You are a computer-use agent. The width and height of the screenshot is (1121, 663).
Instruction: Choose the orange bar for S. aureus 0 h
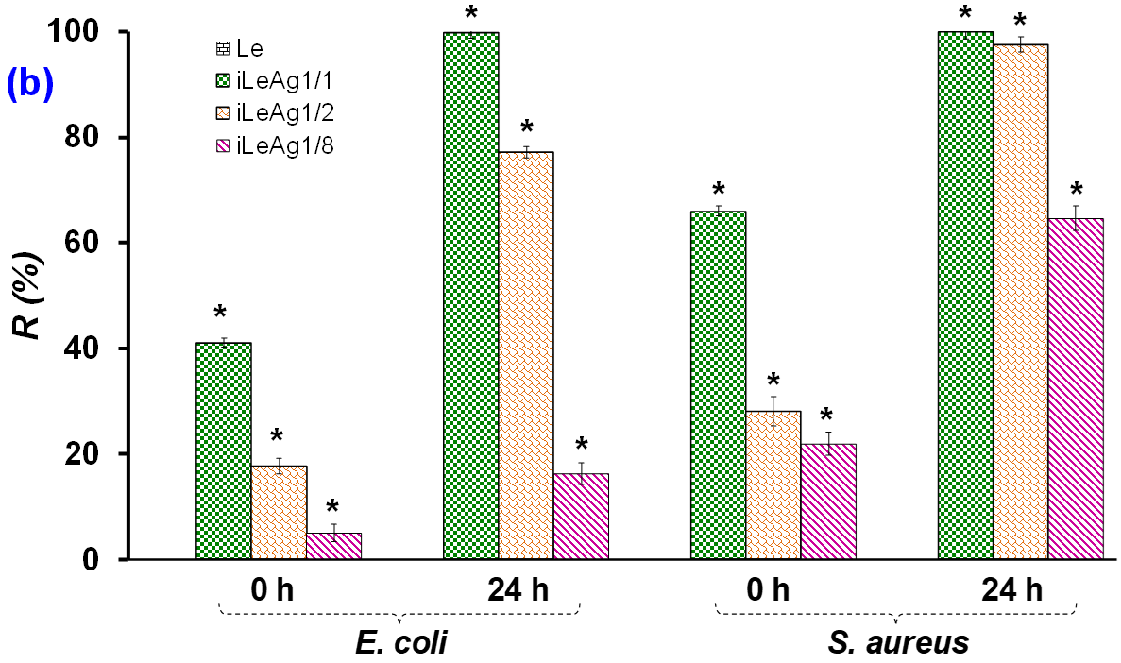[x=773, y=484]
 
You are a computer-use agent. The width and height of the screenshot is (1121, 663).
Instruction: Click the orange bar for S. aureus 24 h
[x=1021, y=301]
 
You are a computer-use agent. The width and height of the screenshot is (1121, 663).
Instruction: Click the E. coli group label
[x=401, y=643]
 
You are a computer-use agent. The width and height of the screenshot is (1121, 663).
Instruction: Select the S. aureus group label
[x=897, y=643]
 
